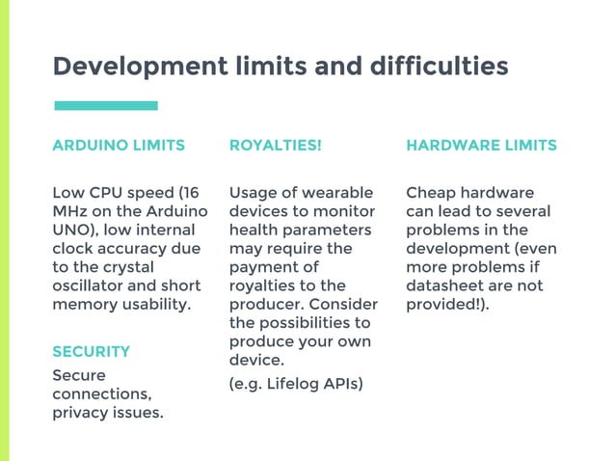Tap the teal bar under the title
105,105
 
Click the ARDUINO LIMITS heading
118,146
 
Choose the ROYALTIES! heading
275,146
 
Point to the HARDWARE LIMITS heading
481,146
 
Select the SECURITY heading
91,351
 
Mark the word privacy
81,413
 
